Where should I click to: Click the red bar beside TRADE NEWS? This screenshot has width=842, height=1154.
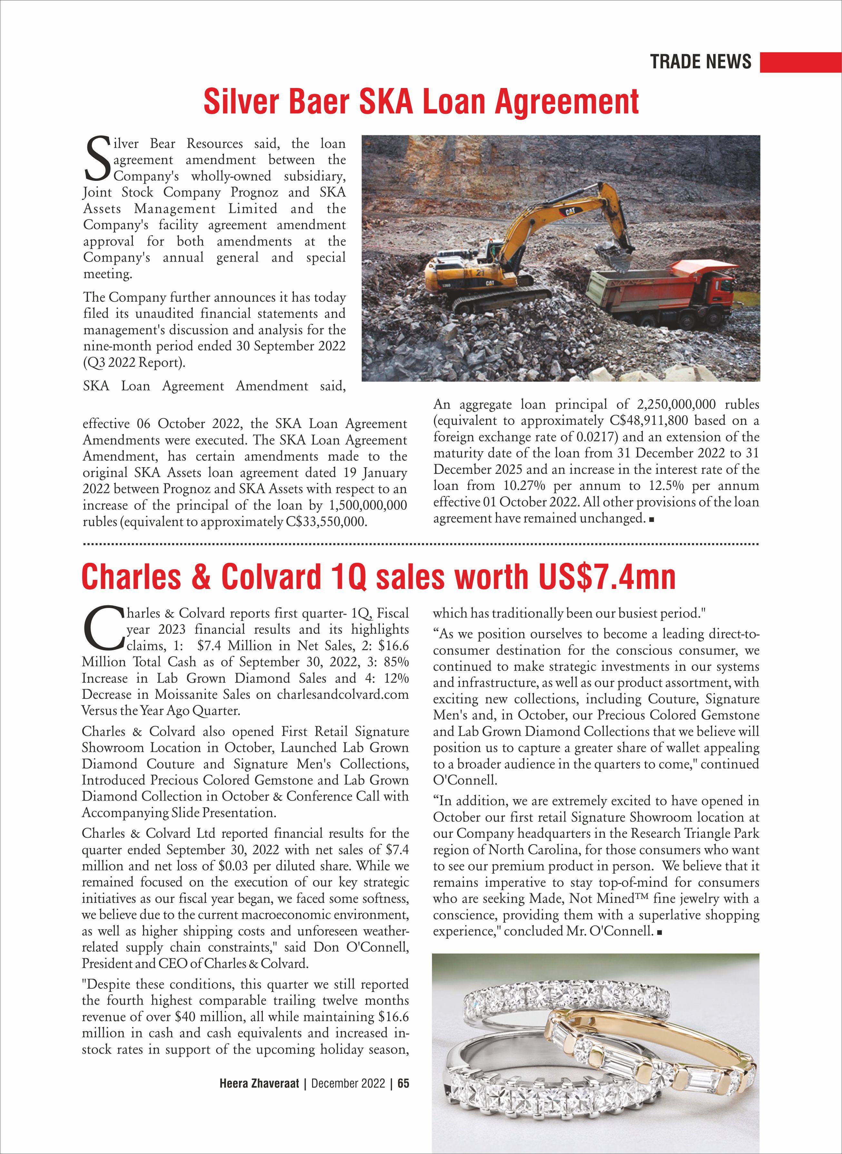tap(800, 62)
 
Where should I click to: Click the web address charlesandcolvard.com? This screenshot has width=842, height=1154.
tap(343, 694)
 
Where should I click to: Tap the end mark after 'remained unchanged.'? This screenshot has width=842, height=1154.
tap(651, 519)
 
